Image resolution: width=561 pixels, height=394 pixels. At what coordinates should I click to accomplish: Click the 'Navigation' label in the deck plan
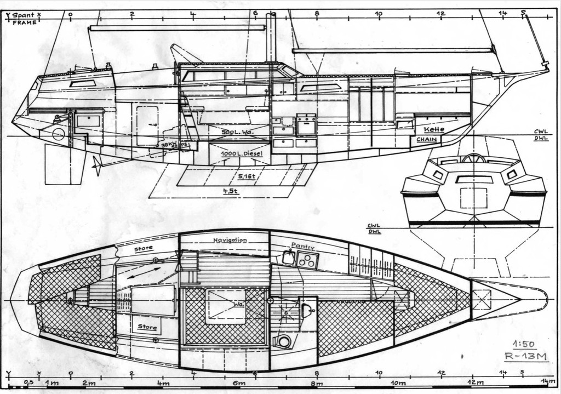(230, 240)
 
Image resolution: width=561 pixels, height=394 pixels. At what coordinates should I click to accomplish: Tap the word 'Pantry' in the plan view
(303, 246)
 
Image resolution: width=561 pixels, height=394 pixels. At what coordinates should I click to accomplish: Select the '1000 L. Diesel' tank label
(242, 154)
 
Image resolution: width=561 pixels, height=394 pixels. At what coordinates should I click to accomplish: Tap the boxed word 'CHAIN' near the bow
(426, 140)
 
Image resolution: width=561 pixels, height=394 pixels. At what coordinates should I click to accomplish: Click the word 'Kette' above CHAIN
(434, 130)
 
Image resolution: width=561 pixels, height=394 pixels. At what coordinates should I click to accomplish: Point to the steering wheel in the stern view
(473, 158)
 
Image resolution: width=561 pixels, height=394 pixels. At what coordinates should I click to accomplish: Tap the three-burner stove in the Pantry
(308, 260)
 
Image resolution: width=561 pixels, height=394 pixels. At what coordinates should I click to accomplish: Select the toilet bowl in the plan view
(284, 341)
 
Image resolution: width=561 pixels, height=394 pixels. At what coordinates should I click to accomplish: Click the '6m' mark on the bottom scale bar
(239, 383)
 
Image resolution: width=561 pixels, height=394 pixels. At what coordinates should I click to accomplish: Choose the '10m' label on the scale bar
(398, 383)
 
